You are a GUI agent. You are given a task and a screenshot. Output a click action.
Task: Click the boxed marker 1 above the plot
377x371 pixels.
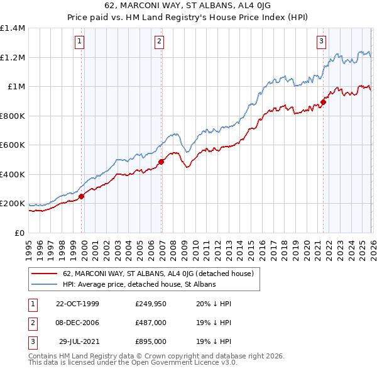click(80, 42)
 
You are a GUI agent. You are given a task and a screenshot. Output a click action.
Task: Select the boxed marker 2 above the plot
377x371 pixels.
click(160, 42)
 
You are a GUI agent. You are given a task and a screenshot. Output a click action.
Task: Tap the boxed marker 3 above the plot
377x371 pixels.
click(321, 42)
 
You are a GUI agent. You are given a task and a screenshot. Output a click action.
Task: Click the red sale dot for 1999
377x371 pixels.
click(82, 196)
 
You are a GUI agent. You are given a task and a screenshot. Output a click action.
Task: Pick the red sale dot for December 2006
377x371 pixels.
click(161, 162)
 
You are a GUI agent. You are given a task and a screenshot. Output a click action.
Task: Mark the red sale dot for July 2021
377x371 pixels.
click(324, 102)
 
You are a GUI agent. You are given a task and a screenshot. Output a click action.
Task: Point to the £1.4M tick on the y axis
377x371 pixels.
click(13, 28)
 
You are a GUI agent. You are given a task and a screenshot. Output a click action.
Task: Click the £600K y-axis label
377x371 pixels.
click(13, 145)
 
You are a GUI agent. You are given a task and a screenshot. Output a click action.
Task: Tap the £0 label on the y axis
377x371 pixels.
click(19, 233)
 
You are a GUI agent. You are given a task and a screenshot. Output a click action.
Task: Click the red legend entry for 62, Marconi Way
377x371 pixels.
click(158, 274)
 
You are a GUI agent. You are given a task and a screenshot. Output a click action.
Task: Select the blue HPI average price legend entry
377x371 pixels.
click(139, 284)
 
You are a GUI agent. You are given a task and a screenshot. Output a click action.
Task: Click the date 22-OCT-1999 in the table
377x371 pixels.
click(77, 304)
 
